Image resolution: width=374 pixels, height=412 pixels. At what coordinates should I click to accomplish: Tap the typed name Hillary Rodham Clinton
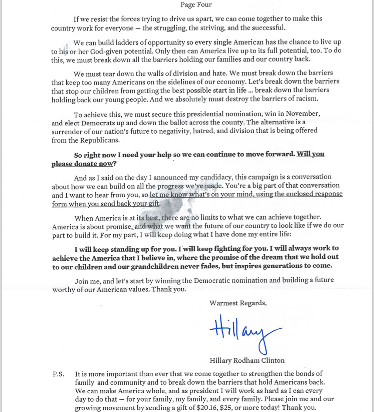247,360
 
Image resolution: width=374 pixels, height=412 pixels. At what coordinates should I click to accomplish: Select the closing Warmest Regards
238,303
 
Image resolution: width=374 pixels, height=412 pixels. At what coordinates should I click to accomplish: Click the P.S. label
58,374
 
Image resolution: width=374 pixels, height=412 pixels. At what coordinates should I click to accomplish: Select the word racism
305,98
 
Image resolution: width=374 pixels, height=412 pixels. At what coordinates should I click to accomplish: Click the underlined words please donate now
82,164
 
